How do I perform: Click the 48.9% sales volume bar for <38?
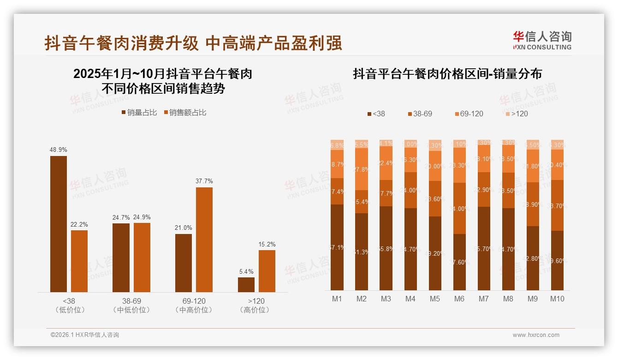(x=59, y=224)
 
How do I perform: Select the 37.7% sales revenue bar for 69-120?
(x=204, y=240)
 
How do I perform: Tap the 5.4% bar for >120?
(x=246, y=284)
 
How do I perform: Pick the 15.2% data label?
(x=267, y=244)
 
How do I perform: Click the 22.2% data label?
(x=79, y=224)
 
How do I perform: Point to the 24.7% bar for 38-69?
(x=121, y=258)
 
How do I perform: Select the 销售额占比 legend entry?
(x=184, y=113)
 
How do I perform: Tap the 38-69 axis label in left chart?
(x=131, y=301)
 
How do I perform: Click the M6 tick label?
(x=459, y=299)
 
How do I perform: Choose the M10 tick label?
(x=557, y=299)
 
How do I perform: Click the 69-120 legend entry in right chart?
(x=469, y=114)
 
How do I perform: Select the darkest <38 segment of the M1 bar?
(x=337, y=247)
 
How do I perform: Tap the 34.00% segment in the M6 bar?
(x=459, y=208)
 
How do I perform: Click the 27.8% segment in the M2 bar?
(x=362, y=169)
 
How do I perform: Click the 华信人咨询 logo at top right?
(x=542, y=40)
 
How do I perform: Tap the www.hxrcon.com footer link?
(x=536, y=335)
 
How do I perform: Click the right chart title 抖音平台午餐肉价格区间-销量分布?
(x=447, y=74)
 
